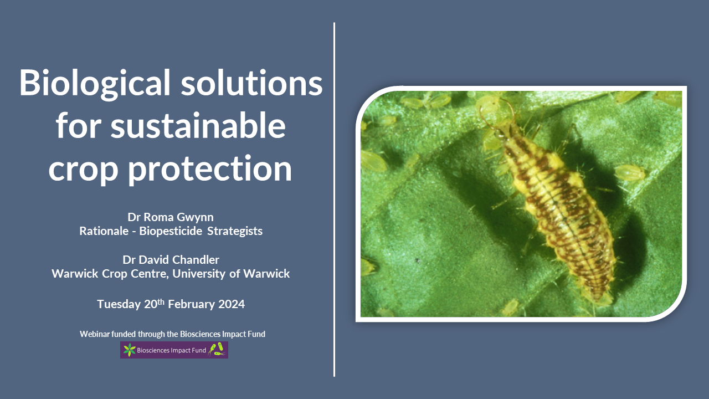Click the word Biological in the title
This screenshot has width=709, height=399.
(x=95, y=83)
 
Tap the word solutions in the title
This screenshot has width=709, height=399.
(x=251, y=83)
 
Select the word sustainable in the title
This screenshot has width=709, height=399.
(x=198, y=125)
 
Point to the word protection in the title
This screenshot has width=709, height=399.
(x=210, y=170)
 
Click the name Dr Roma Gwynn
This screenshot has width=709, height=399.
(x=171, y=217)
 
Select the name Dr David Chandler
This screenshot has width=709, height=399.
(x=171, y=260)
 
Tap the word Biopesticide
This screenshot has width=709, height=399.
(x=171, y=231)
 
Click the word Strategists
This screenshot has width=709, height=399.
(x=235, y=232)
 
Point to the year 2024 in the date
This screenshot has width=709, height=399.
(x=232, y=304)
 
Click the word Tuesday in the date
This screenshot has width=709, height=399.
(x=119, y=304)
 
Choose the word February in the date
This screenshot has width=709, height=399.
(x=192, y=304)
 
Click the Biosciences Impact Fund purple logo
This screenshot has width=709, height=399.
(x=174, y=350)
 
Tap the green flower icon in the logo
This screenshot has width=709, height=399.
(x=129, y=350)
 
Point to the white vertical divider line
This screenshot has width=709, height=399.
(x=334, y=199)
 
